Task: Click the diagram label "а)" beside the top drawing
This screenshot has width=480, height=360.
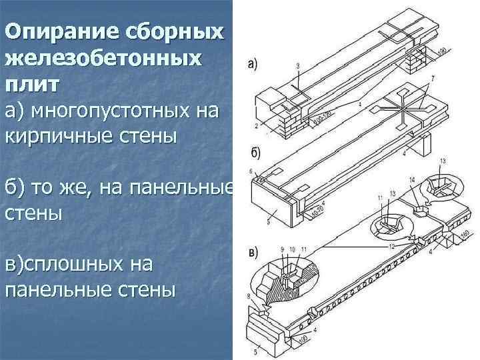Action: pos(253,65)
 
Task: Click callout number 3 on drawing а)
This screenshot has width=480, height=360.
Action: pos(297,64)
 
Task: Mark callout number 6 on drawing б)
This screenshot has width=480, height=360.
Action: pos(251,172)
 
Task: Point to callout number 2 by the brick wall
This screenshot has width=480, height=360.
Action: pos(256,125)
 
